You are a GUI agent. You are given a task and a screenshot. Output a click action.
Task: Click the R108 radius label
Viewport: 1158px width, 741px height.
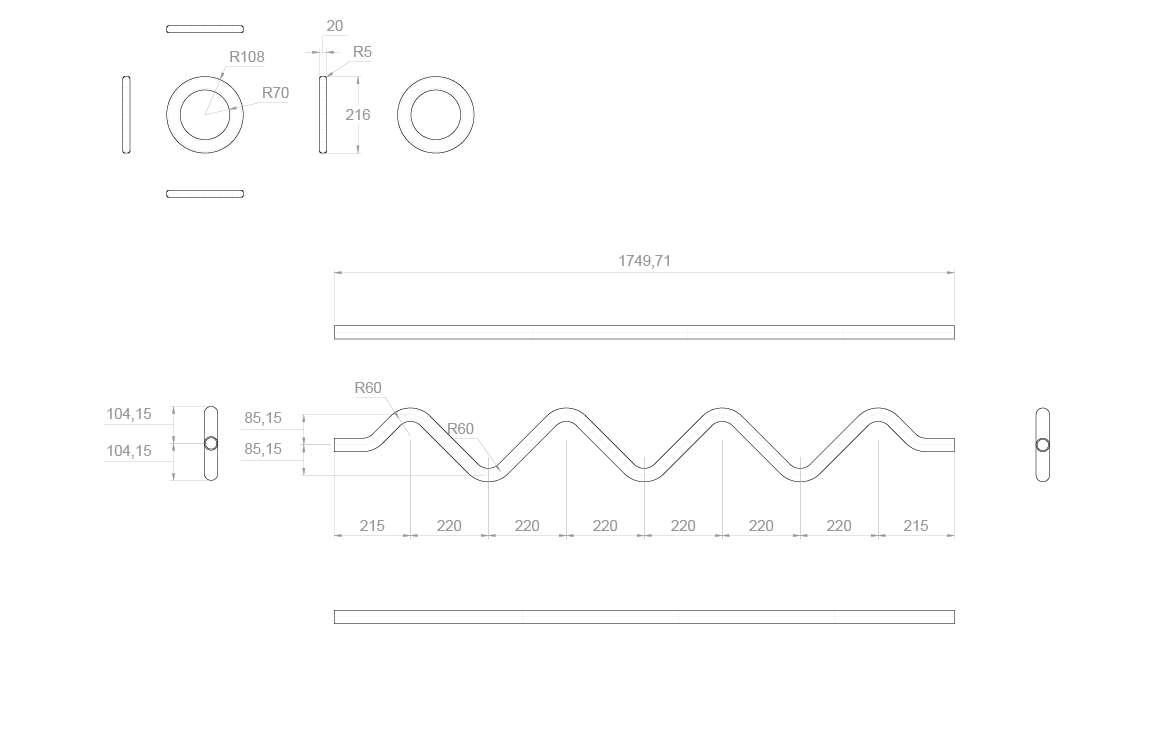[247, 57]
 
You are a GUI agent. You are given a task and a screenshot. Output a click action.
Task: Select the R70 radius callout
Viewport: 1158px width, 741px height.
[275, 93]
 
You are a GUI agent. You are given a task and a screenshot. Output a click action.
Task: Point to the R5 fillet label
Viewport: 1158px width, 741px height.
[362, 52]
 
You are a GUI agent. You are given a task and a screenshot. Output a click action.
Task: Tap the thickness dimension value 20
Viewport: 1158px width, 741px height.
[334, 26]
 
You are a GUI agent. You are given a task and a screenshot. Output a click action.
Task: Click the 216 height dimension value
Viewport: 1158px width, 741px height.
[358, 115]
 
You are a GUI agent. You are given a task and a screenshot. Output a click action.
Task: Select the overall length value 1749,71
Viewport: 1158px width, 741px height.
[644, 261]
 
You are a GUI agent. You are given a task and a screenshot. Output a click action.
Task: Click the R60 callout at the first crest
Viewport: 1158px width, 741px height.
[368, 388]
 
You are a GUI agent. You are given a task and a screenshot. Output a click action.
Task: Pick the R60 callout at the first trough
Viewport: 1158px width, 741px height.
[460, 429]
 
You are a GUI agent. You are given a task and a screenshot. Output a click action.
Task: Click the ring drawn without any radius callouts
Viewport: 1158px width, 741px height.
[436, 114]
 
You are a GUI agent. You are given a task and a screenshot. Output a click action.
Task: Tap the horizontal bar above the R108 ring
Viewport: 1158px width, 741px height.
[205, 29]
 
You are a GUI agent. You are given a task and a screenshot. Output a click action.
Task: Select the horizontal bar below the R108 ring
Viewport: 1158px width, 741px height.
[205, 193]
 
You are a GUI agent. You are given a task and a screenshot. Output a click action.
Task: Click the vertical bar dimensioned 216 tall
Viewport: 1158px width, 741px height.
[323, 115]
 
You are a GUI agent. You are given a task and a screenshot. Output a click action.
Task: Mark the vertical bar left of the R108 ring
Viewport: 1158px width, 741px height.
[126, 115]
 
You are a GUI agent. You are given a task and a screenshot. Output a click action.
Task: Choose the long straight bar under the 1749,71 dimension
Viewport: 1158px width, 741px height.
[644, 332]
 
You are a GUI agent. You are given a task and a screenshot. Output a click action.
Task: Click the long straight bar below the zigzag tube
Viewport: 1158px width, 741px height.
[644, 617]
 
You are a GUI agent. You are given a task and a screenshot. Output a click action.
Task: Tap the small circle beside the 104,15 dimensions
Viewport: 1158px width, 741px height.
[211, 444]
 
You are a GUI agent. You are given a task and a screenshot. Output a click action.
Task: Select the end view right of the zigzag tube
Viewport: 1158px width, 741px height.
[1043, 445]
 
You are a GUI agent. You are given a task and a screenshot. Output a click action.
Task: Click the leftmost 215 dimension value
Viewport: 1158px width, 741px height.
[372, 526]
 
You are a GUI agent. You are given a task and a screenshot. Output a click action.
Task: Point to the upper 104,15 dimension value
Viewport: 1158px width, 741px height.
[129, 414]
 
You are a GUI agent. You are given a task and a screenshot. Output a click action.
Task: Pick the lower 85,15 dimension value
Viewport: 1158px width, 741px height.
[263, 450]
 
